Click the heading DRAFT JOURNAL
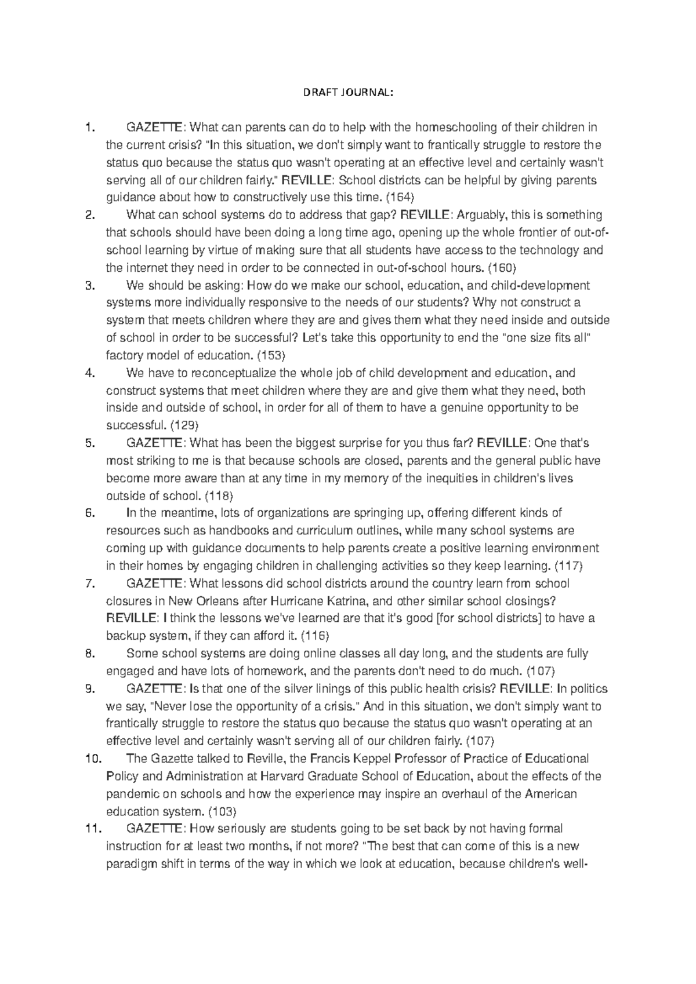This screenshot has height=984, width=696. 348,92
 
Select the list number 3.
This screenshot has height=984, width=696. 89,285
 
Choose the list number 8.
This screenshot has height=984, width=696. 89,654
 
